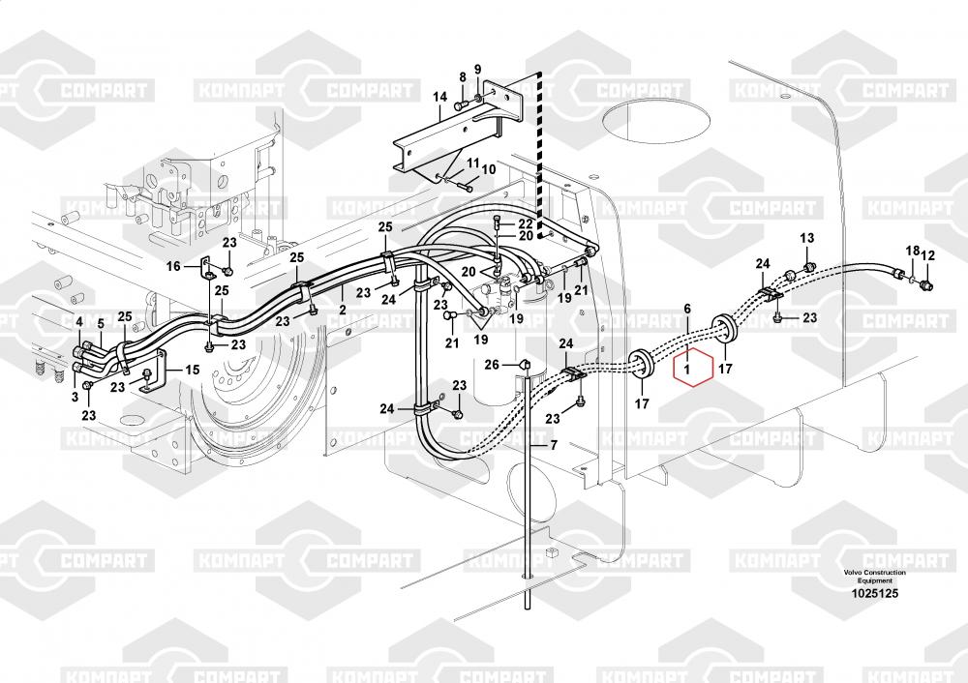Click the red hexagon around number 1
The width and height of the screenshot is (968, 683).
click(688, 369)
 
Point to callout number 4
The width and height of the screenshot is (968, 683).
click(79, 321)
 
